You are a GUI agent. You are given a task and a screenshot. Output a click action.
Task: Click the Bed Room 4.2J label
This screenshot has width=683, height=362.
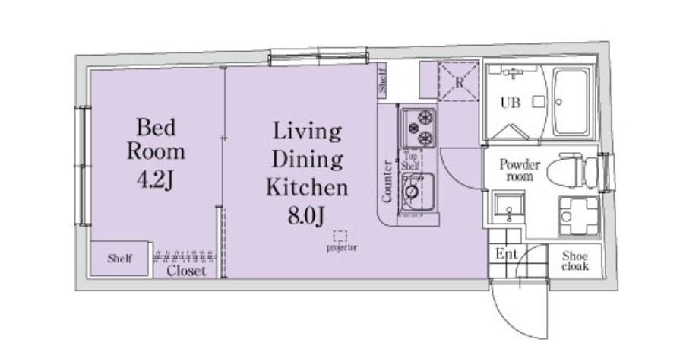(x=156, y=154)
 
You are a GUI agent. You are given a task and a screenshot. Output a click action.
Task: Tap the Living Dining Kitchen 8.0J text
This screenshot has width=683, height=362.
(x=307, y=173)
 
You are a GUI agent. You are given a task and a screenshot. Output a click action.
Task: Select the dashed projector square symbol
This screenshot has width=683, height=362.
(x=340, y=236)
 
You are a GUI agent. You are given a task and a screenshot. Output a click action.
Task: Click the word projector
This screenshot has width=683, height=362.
(x=342, y=248)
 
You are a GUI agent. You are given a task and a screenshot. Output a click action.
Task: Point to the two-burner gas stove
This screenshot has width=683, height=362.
(x=418, y=128)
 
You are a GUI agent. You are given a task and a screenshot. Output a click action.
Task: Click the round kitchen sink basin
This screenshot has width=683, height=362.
(x=411, y=191)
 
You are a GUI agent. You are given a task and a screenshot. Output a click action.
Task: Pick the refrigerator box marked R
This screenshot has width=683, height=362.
(x=459, y=81)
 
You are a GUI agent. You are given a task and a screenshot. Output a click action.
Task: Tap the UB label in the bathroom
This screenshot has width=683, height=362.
(x=510, y=103)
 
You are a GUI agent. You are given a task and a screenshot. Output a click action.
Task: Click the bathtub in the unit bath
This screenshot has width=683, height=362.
(x=571, y=102)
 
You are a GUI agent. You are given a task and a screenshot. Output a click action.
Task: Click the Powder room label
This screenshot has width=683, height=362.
(x=520, y=170)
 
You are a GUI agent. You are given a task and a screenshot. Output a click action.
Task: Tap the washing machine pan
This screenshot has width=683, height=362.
(x=579, y=216)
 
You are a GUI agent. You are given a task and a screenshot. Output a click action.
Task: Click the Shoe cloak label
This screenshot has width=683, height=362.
(x=575, y=261)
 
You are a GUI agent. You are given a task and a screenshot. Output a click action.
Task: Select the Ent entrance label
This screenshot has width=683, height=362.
(x=507, y=254)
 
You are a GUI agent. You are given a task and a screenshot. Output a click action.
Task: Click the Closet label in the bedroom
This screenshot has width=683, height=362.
(x=186, y=271)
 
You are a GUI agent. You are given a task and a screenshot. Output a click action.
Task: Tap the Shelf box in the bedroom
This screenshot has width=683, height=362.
(x=120, y=259)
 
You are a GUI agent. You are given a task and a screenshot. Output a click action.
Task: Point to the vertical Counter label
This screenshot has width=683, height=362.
(x=387, y=182)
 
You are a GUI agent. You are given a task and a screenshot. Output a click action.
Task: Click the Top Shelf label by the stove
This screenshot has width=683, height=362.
(x=410, y=160)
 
